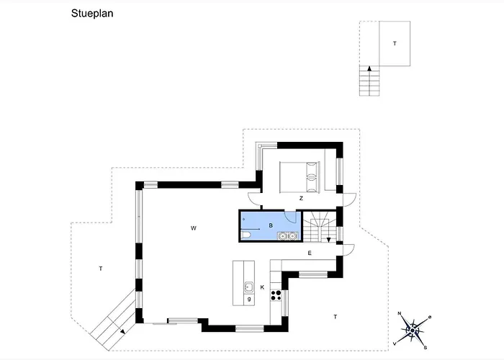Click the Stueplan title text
(92, 14)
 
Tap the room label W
(194, 228)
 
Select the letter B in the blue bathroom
(271, 225)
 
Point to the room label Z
(301, 198)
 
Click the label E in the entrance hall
(310, 253)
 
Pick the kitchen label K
(262, 287)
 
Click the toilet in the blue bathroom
(246, 235)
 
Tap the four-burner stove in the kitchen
(276, 295)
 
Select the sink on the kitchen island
(248, 287)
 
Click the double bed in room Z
(300, 177)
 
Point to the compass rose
(413, 330)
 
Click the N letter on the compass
(400, 313)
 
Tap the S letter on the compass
(426, 348)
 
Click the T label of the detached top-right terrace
(395, 43)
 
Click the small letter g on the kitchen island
(249, 299)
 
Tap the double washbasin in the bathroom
(287, 236)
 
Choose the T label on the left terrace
(101, 269)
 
